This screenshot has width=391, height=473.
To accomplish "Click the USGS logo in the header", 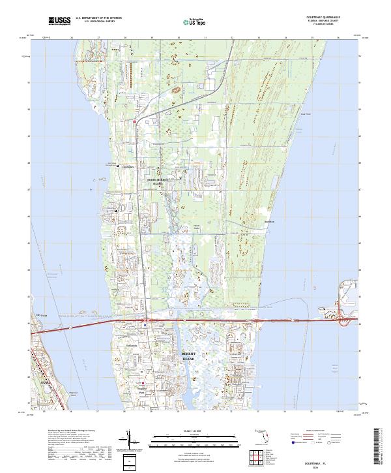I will click(x=59, y=21).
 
